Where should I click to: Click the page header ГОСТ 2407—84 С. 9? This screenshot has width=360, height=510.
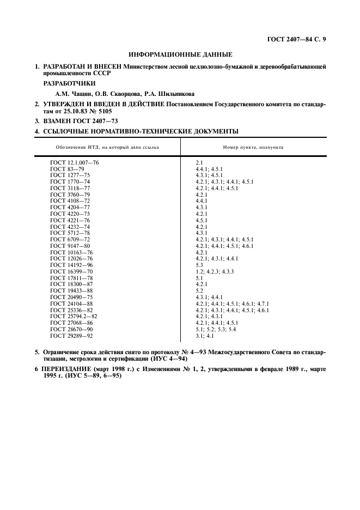[299, 39]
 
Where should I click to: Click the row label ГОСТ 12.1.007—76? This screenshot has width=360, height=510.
[75, 162]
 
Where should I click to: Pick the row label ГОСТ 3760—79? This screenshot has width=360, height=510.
[70, 194]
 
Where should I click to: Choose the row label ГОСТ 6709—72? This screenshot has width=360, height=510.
[70, 239]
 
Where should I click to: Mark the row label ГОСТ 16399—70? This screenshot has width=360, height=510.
[71, 271]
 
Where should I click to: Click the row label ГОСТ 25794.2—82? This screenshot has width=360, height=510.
[74, 317]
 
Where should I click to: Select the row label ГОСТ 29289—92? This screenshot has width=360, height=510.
[71, 336]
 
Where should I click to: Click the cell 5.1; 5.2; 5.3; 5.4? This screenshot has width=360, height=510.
[216, 329]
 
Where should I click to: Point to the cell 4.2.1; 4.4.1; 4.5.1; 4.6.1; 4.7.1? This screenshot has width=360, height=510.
[232, 303]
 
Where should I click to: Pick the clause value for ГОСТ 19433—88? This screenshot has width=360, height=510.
[199, 290]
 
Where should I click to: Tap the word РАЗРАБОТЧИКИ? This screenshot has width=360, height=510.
[69, 83]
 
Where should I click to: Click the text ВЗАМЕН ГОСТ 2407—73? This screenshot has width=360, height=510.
[79, 122]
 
